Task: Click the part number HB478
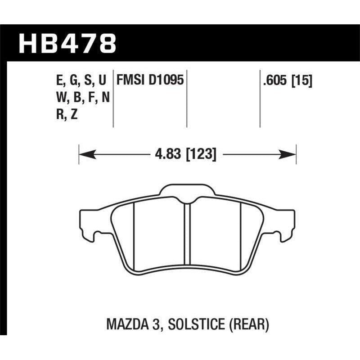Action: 67,44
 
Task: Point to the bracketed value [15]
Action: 303,81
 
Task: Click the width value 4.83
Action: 166,155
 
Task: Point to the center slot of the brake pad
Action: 188,234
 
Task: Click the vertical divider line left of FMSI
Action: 112,99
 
